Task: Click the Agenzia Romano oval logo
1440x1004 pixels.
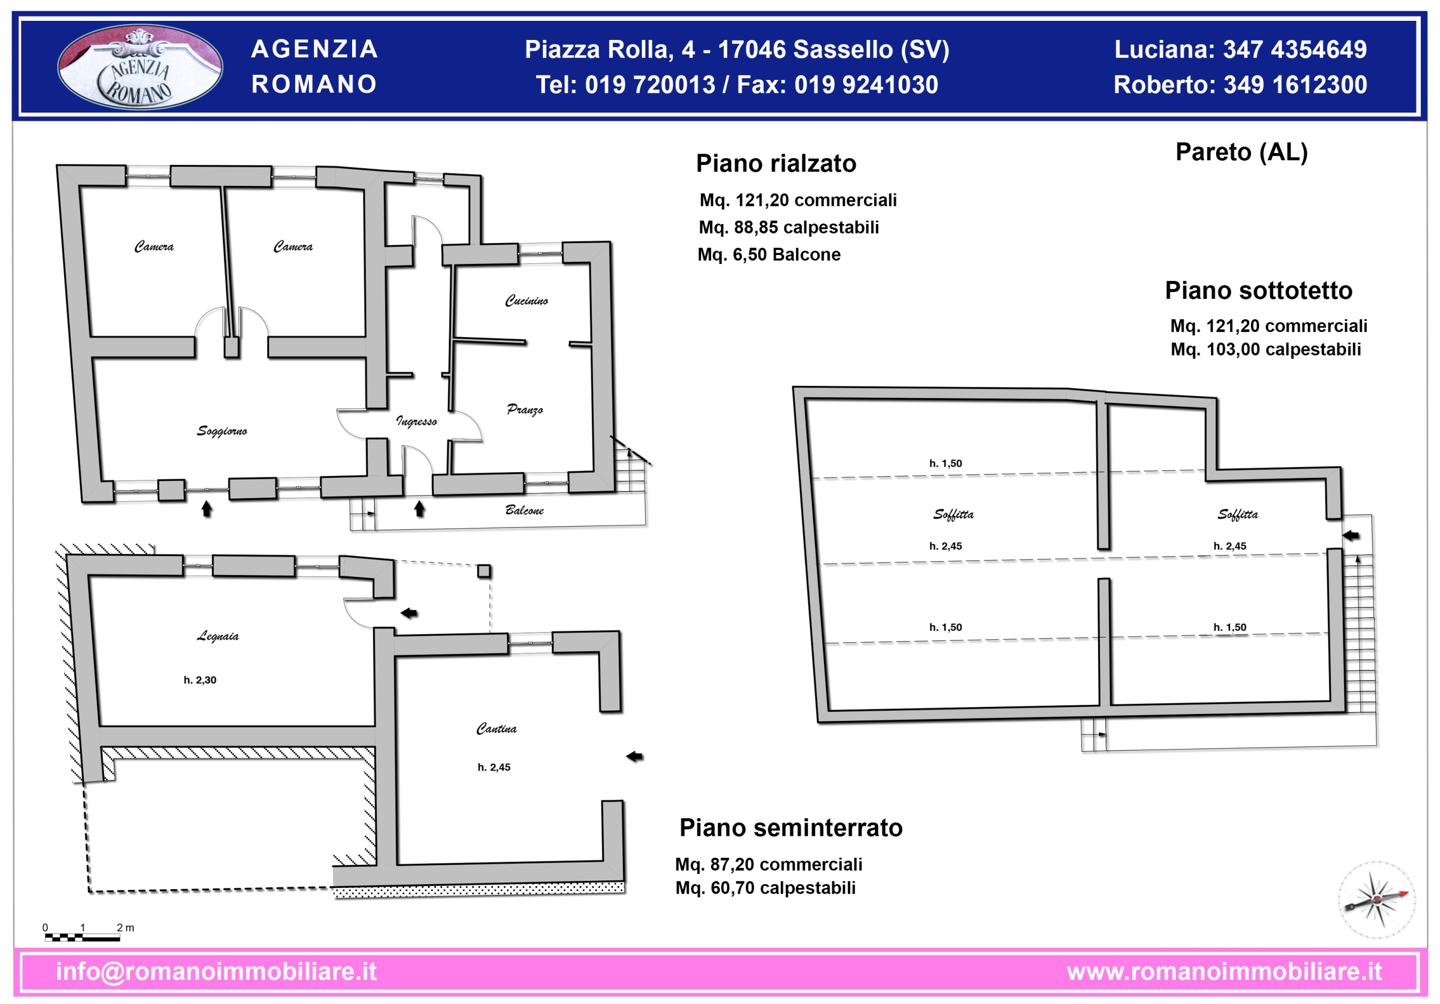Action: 140,67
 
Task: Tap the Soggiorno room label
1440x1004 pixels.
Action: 222,431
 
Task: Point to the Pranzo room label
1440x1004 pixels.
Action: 525,410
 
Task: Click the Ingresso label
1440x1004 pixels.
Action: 416,421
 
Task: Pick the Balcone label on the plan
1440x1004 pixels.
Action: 525,510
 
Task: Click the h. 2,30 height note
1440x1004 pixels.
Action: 200,680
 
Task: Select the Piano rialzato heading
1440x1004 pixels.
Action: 776,164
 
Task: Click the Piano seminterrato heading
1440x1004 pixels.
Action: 791,828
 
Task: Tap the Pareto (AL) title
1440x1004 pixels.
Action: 1242,153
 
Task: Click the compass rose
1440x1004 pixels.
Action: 1376,900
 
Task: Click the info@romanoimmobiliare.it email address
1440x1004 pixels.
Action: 217,971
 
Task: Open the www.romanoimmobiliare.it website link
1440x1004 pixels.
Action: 1224,971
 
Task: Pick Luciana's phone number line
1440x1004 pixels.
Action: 1240,50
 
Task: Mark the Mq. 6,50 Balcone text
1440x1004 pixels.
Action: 769,255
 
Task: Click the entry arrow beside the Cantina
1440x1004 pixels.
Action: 634,757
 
